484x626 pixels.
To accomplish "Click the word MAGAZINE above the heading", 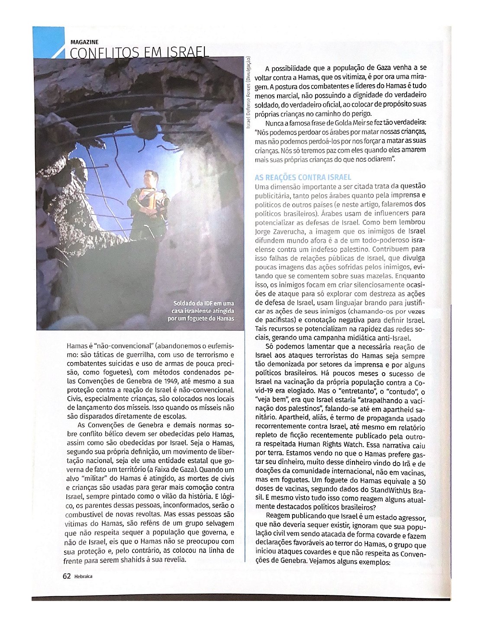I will click(84, 42).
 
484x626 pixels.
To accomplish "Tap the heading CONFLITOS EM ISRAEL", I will click(139, 53).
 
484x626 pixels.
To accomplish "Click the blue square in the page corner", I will click(48, 42).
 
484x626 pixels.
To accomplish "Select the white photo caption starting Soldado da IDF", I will click(201, 311).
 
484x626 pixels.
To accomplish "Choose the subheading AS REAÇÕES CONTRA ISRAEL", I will click(303, 177).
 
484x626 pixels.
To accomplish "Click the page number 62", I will click(67, 576).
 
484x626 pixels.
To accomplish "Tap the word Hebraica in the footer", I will click(83, 576).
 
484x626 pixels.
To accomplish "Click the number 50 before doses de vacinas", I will click(422, 481).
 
